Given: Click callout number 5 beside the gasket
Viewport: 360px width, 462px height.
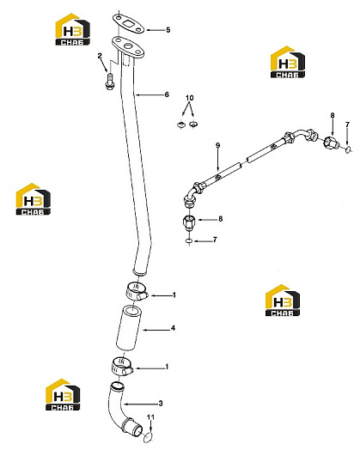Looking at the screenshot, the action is (x=168, y=30).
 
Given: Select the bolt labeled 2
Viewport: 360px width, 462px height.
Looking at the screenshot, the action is (x=109, y=81).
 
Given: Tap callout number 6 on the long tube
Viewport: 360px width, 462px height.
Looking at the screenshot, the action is (x=167, y=94).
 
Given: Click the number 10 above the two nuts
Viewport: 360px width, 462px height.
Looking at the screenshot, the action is (x=190, y=98).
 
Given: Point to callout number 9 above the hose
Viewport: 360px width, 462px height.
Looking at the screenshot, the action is (x=218, y=145).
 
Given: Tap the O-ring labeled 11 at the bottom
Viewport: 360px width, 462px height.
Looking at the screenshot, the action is (x=149, y=437).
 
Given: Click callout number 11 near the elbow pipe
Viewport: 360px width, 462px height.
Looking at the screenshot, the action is (x=150, y=417).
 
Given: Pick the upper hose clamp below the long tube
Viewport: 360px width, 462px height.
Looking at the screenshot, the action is (x=137, y=291).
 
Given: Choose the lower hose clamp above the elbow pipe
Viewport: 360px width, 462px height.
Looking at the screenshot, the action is (x=121, y=366).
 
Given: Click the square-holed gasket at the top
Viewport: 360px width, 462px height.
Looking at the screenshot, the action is (x=129, y=23).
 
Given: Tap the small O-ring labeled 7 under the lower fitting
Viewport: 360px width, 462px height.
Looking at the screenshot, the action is (x=189, y=241).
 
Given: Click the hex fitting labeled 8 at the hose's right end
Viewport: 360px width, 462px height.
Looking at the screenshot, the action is (x=331, y=143).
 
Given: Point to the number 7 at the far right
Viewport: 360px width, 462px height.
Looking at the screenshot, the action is (x=347, y=125).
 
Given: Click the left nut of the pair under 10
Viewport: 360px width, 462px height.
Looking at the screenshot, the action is (x=181, y=125).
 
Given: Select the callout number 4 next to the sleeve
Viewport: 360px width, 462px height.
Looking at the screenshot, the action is (x=173, y=328).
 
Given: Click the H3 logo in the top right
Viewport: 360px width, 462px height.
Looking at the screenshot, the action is (x=288, y=62).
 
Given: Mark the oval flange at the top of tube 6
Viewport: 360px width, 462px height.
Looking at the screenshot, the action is (x=128, y=48).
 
